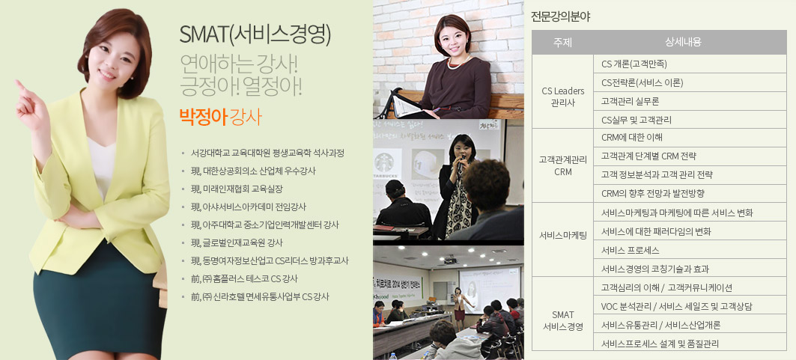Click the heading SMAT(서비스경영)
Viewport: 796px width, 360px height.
tap(255, 34)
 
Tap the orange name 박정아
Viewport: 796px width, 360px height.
tap(203, 117)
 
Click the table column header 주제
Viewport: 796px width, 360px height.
tap(562, 43)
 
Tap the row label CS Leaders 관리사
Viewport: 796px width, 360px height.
tap(562, 97)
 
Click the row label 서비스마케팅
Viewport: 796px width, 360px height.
tap(562, 235)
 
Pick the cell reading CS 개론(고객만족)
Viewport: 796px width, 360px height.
tap(634, 64)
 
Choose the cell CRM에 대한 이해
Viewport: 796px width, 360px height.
tap(631, 138)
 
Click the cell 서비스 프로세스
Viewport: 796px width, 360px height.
tap(630, 251)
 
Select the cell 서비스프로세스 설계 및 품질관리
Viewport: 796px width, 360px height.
tap(660, 344)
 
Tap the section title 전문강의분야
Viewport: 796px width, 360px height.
tap(560, 16)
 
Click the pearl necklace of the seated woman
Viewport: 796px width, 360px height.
tap(458, 63)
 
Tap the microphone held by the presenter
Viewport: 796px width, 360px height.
tap(461, 161)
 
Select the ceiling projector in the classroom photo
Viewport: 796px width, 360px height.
tap(450, 260)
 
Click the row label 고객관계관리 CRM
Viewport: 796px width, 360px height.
tap(562, 166)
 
